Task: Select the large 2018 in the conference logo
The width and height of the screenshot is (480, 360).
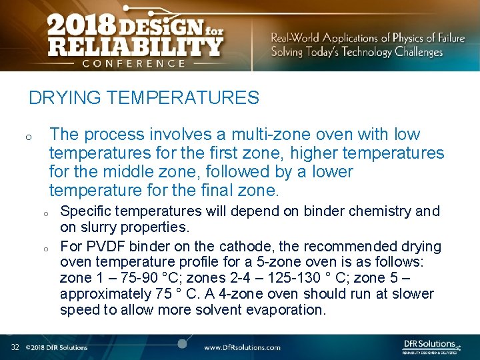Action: tap(81, 25)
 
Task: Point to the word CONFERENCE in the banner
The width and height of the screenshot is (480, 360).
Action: tap(133, 63)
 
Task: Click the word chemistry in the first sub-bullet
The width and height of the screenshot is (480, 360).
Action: tap(379, 211)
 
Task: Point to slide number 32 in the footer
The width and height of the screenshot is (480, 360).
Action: tap(15, 347)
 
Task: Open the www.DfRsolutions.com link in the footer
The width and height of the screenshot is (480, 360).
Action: tap(242, 347)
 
